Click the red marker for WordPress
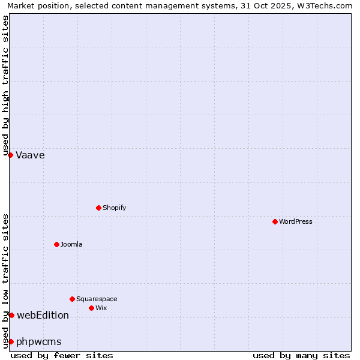coord(275,221)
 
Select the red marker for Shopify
coord(98,208)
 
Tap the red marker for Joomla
coord(56,244)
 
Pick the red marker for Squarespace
coord(72,299)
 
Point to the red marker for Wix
coord(91,308)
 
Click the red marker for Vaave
coord(10,155)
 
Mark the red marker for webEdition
coord(11,315)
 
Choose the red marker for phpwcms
coord(11,341)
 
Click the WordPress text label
coord(296,222)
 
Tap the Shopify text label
coord(115,208)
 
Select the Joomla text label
coord(71,245)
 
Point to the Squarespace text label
coord(97,299)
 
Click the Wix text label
coord(101,308)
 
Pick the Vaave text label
coord(30,155)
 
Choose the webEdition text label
coord(43,316)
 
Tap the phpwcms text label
coord(39,342)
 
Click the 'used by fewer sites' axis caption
coord(62,355)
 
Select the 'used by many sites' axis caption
coord(301,355)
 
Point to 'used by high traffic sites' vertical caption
coord(5,85)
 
